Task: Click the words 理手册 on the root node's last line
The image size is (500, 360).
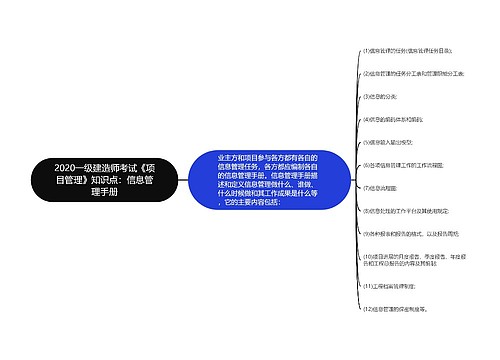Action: (104, 193)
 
